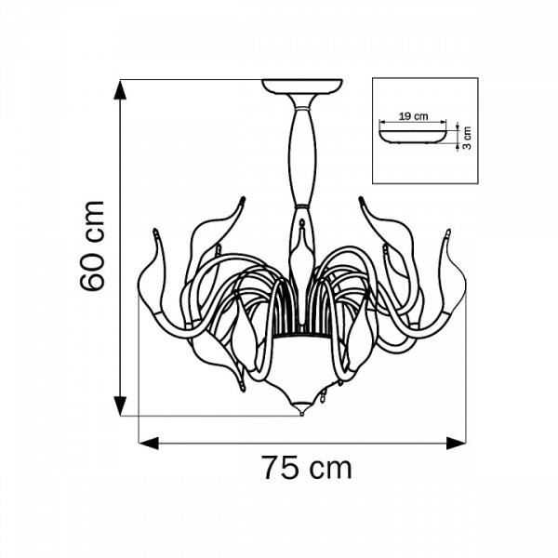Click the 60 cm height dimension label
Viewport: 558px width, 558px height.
(x=92, y=246)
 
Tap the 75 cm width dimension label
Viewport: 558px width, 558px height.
(x=307, y=468)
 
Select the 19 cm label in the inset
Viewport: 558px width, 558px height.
(x=413, y=116)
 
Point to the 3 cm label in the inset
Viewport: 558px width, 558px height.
(x=467, y=138)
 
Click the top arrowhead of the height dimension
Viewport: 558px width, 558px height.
(x=120, y=90)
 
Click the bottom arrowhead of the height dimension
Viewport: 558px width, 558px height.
(x=120, y=405)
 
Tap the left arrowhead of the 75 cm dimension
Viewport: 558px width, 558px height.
(x=149, y=444)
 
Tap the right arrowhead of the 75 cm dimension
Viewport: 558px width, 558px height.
(x=456, y=444)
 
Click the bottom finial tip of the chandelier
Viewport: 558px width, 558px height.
(x=301, y=414)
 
